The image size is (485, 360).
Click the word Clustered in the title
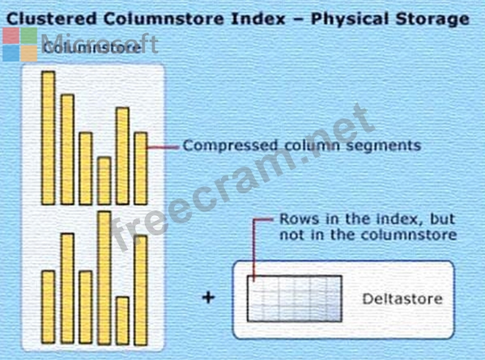(x=52, y=19)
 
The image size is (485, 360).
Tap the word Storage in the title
(x=432, y=19)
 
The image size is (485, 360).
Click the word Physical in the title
(x=349, y=19)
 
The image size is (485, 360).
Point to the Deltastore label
(x=402, y=299)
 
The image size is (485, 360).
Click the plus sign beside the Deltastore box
(x=208, y=298)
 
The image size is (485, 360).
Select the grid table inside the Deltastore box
(x=295, y=299)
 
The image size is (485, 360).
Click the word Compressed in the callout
(x=230, y=146)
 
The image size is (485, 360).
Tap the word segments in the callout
(x=383, y=146)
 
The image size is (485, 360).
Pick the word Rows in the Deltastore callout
(x=295, y=219)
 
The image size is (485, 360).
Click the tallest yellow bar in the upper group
(x=49, y=138)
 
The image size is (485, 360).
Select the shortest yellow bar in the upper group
(x=104, y=180)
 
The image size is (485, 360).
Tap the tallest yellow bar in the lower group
(x=104, y=278)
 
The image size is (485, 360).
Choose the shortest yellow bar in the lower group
(x=123, y=320)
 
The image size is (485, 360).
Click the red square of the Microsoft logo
(x=11, y=36)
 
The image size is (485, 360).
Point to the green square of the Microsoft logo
(x=29, y=36)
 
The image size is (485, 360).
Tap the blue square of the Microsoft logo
(x=11, y=53)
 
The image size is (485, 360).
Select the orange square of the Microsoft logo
(x=29, y=53)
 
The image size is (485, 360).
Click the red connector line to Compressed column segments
(x=164, y=147)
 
